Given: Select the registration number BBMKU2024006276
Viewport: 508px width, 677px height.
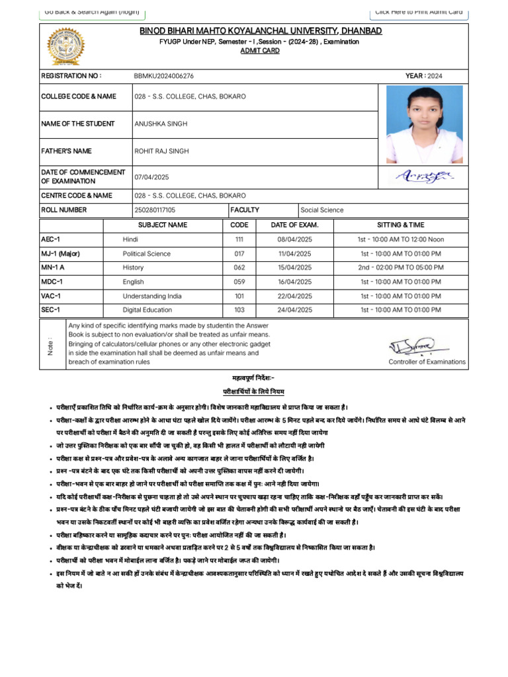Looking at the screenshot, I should point(164,76).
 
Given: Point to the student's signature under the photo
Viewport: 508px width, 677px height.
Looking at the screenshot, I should point(423,176).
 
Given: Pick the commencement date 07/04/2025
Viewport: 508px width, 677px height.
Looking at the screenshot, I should point(152,177).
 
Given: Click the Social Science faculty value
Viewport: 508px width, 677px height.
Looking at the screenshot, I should point(322,210).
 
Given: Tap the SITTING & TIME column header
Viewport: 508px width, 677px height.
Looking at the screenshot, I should point(402,225).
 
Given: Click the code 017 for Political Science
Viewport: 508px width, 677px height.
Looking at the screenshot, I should point(239,253).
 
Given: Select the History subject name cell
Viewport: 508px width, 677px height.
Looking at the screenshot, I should point(133,268).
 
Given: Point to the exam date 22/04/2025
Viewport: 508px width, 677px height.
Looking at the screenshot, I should point(294,296).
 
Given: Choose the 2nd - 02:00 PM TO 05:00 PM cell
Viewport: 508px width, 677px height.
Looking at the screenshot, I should point(401,268).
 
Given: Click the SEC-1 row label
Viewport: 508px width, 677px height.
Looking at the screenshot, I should point(51,309).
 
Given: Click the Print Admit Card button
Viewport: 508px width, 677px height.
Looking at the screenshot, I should point(418,12).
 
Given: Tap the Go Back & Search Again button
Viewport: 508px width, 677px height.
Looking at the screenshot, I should point(92,12).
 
